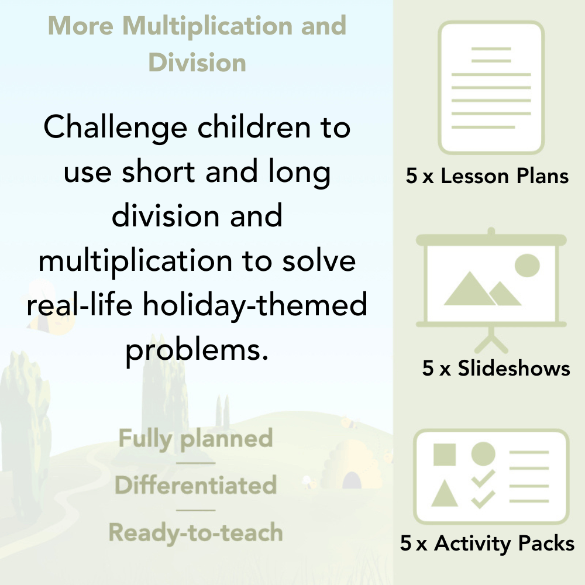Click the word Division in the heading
tap(197, 62)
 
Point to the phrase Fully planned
tap(195, 439)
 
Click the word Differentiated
tap(195, 485)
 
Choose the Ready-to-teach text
tap(195, 532)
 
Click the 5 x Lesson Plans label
tap(487, 176)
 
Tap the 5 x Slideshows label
tap(495, 368)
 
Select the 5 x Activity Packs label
tap(487, 543)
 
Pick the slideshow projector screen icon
tap(491, 281)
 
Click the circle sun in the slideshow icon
tap(526, 265)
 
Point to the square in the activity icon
tap(445, 454)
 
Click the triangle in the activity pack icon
tap(445, 494)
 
